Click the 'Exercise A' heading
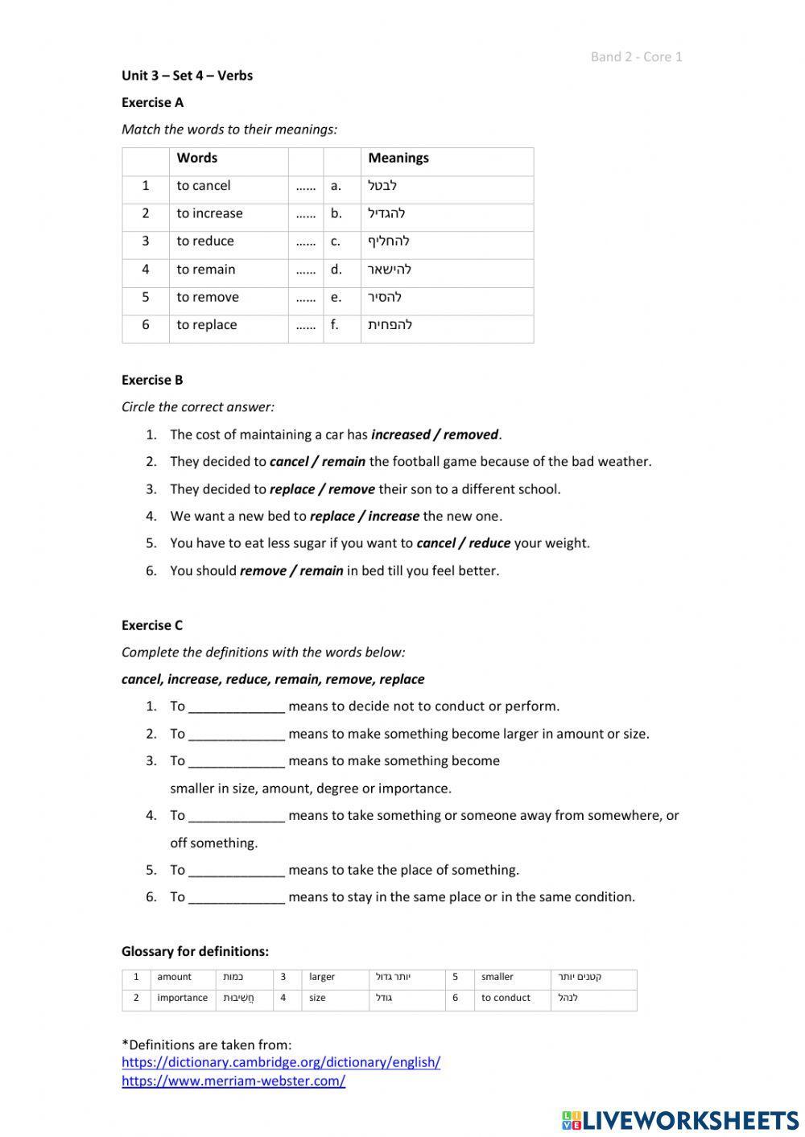click(152, 102)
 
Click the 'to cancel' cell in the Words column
click(203, 186)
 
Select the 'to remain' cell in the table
click(206, 270)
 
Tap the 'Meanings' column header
click(398, 159)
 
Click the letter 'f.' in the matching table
click(334, 325)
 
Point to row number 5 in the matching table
click(146, 297)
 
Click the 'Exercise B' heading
click(152, 380)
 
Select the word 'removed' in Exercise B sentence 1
click(471, 435)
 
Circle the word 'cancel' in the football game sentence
click(289, 462)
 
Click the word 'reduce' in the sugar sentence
click(489, 543)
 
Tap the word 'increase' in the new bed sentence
click(394, 517)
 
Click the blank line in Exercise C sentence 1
click(236, 707)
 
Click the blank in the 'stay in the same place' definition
click(236, 898)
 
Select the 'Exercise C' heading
click(152, 625)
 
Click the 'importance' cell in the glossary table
click(182, 998)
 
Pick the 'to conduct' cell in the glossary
click(506, 998)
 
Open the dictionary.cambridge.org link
click(281, 1062)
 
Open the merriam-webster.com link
click(233, 1081)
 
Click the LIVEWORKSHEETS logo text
click(690, 1120)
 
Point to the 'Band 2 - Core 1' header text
click(636, 56)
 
